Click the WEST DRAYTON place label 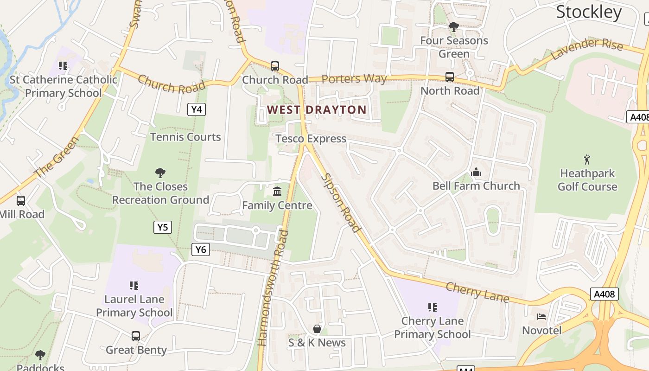click(317, 110)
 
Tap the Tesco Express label click(311, 139)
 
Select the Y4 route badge click(197, 109)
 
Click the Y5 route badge click(162, 227)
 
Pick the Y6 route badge click(200, 249)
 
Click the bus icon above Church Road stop click(275, 66)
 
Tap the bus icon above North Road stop click(449, 77)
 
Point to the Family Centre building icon click(277, 191)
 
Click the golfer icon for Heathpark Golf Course click(587, 160)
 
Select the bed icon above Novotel click(541, 317)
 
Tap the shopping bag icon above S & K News click(317, 329)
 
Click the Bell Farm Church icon click(476, 173)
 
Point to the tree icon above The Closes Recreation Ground click(160, 173)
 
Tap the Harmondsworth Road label click(273, 288)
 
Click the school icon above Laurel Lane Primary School click(134, 286)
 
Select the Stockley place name click(588, 12)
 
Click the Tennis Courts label click(185, 137)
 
